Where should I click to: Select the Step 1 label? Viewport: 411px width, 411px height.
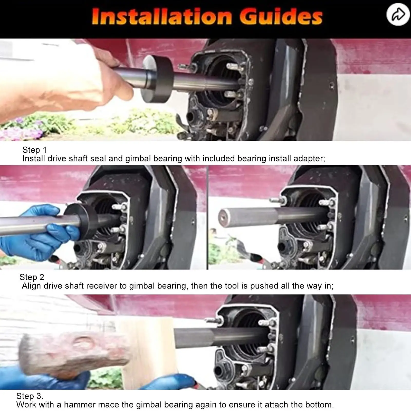tap(34, 150)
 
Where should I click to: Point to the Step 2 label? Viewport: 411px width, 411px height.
tap(32, 277)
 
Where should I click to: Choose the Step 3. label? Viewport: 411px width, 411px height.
tap(30, 396)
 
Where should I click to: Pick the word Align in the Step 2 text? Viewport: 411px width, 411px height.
tap(32, 286)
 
